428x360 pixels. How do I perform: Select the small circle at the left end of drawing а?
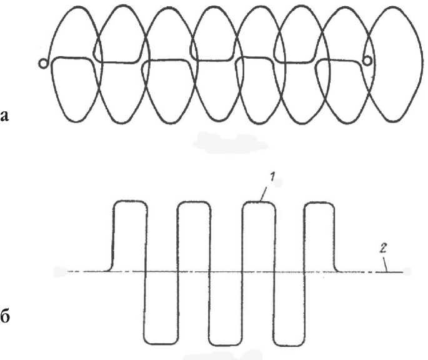pyautogui.click(x=42, y=63)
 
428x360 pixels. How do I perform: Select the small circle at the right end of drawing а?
pyautogui.click(x=367, y=60)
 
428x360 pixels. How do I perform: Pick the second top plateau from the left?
pyautogui.click(x=194, y=201)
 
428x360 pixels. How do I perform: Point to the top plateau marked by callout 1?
pyautogui.click(x=258, y=201)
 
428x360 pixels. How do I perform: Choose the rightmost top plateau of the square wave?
pyautogui.click(x=319, y=201)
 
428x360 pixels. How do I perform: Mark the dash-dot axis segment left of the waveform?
pyautogui.click(x=81, y=272)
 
